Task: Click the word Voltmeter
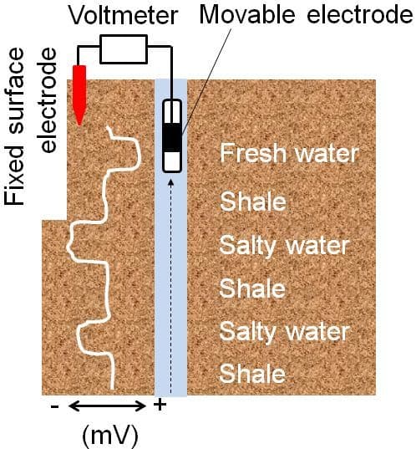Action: tap(124, 15)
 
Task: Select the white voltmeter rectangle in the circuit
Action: tap(124, 49)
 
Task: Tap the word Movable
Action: tap(247, 14)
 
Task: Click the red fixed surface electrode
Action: tap(79, 95)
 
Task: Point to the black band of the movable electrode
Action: tap(172, 137)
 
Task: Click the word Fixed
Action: tap(14, 176)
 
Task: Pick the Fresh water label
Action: tap(289, 154)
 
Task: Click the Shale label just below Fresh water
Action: tap(253, 202)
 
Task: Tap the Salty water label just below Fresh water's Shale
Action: tap(284, 247)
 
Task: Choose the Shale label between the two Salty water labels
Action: tap(252, 288)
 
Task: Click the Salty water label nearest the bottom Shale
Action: tap(284, 332)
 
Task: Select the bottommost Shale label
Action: tap(252, 374)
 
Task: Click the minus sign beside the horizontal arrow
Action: tap(54, 406)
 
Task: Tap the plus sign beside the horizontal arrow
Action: tap(160, 406)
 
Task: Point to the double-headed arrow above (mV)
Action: tap(107, 406)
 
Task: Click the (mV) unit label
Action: tap(110, 435)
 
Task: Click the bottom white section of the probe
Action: tap(172, 161)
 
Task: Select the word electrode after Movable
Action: tap(360, 14)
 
